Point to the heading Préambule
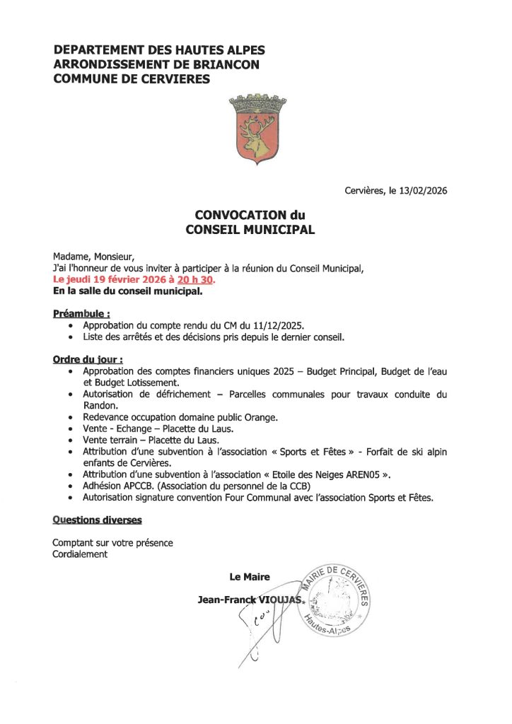81,313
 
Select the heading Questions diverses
97,520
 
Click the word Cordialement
80,554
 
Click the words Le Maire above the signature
250,576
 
